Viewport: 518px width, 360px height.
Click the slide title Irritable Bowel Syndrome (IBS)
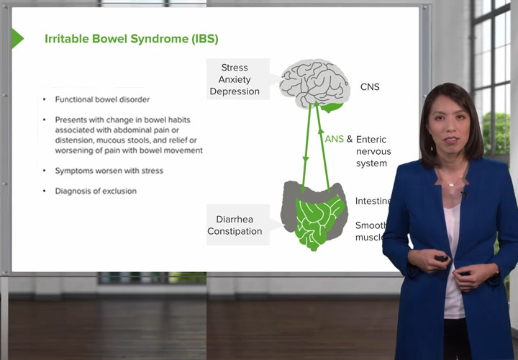point(131,38)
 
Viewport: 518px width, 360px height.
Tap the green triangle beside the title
point(17,38)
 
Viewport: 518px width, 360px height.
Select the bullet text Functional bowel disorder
point(102,99)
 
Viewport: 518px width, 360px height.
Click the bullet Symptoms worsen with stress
point(109,171)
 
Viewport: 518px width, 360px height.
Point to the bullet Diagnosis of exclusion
point(96,191)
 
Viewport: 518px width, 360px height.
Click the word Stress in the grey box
point(235,68)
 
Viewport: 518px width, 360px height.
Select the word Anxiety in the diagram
point(235,80)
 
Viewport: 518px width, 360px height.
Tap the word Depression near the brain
point(235,91)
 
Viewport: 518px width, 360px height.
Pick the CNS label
point(370,87)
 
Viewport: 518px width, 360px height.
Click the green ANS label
point(335,139)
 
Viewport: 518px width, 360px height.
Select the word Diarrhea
point(235,219)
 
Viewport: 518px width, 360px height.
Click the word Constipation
point(235,231)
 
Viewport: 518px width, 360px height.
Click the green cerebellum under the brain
point(332,107)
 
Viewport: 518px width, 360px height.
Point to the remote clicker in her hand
point(441,258)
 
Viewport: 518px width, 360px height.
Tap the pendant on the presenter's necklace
point(451,184)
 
